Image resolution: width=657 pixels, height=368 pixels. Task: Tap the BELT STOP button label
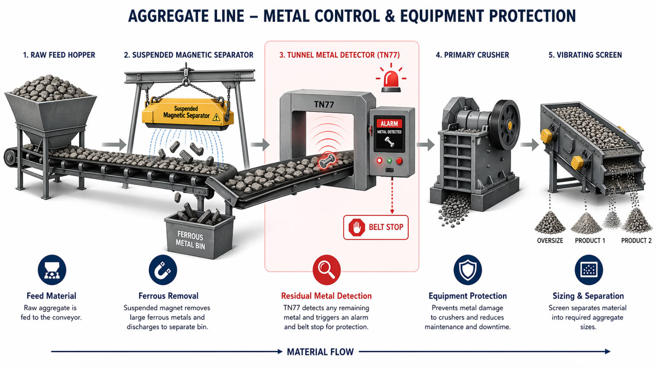click(x=376, y=227)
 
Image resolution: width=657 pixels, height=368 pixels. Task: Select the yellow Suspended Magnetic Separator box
click(x=188, y=113)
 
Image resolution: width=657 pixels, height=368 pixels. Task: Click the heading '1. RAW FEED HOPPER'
click(x=59, y=55)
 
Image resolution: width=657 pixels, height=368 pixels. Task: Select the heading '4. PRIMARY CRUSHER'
click(x=472, y=55)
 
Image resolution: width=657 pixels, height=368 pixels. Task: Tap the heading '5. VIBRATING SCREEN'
click(x=585, y=55)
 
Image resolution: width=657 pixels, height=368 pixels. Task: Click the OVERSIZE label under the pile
click(x=550, y=241)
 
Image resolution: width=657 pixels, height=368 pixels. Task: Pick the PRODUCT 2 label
click(x=636, y=241)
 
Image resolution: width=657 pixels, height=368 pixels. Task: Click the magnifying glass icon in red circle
click(x=326, y=270)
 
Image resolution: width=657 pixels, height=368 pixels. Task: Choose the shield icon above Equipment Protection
click(x=467, y=270)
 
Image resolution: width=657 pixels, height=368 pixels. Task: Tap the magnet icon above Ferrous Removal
click(x=163, y=270)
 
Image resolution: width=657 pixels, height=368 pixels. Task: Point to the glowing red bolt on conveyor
click(x=327, y=161)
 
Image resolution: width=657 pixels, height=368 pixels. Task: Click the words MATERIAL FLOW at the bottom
click(x=320, y=352)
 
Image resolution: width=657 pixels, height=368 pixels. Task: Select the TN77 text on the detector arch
click(x=324, y=105)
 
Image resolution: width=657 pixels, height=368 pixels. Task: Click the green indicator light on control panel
click(x=389, y=161)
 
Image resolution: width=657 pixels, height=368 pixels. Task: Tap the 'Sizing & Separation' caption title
click(x=588, y=296)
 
